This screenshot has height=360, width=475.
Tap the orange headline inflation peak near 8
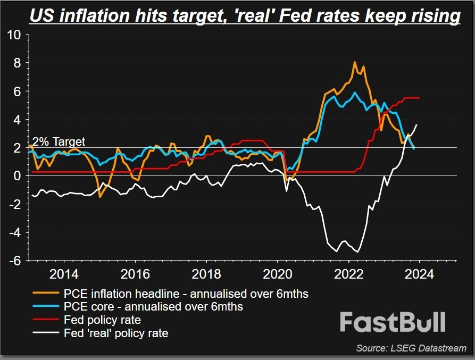click(355, 62)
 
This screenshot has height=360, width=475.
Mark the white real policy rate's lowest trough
click(359, 252)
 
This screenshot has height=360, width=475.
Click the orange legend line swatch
click(46, 293)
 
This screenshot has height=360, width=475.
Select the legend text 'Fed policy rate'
click(102, 320)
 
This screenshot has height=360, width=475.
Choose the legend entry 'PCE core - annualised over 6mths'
click(153, 307)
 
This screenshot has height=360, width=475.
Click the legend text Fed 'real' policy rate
click(116, 333)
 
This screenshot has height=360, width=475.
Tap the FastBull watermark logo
click(393, 322)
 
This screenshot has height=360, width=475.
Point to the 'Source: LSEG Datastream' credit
click(411, 348)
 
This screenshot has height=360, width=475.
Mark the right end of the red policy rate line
click(420, 98)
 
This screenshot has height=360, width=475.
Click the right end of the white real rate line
click(416, 124)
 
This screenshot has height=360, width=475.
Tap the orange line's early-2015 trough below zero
click(99, 197)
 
